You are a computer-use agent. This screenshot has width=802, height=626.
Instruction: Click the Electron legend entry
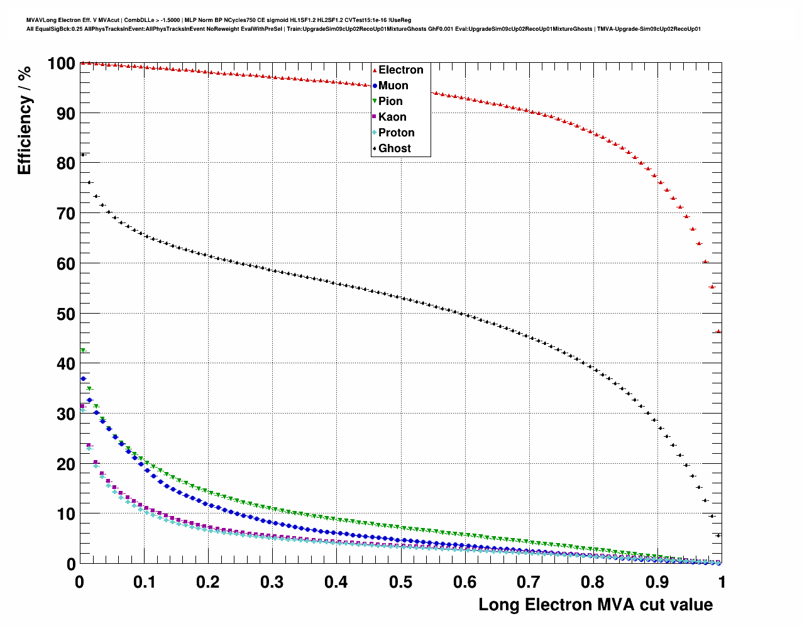(x=400, y=70)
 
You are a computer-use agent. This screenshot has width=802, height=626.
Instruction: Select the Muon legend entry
(x=393, y=85)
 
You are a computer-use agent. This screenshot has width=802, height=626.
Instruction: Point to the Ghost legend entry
(x=394, y=148)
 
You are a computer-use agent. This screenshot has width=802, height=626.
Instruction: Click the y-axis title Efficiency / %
(x=25, y=120)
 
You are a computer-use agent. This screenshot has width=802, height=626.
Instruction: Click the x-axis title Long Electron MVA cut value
(x=595, y=605)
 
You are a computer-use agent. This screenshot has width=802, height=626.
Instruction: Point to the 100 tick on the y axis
(x=61, y=63)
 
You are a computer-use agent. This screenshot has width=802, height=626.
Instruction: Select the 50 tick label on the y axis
(x=65, y=314)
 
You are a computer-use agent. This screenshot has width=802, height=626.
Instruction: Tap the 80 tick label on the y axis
(x=65, y=163)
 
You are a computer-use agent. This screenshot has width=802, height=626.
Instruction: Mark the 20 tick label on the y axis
(x=65, y=464)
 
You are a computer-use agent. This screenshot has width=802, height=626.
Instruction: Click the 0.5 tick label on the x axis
(x=400, y=582)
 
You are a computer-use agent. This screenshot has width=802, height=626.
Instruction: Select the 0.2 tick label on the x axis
(x=207, y=582)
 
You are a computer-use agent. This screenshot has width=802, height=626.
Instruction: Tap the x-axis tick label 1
(x=722, y=582)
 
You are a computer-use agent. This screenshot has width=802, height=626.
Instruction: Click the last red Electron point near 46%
(x=718, y=331)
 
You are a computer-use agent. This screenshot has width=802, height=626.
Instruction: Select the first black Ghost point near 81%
(x=83, y=155)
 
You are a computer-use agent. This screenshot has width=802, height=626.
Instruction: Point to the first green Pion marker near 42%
(x=82, y=351)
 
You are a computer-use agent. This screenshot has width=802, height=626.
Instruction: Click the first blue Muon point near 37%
(x=83, y=379)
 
